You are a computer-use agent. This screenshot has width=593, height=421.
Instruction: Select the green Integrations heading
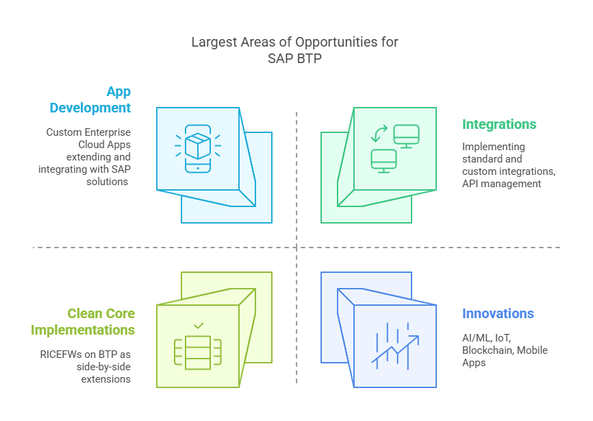tap(499, 124)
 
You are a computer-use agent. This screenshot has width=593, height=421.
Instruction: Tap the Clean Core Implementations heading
tap(83, 322)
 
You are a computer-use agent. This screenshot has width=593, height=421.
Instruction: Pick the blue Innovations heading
tap(498, 313)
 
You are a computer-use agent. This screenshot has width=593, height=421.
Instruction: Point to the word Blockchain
tap(487, 350)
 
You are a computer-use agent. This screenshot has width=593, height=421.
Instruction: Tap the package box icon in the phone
tap(198, 146)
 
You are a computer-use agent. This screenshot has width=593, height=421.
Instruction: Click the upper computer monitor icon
tap(406, 134)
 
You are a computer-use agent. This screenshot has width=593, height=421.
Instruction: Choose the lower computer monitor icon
tap(383, 160)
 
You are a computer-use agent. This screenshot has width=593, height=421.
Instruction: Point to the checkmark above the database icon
tap(199, 326)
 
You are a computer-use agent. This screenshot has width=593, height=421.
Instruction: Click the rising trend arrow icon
tap(395, 346)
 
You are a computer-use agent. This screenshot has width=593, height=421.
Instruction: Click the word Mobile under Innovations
tap(532, 350)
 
